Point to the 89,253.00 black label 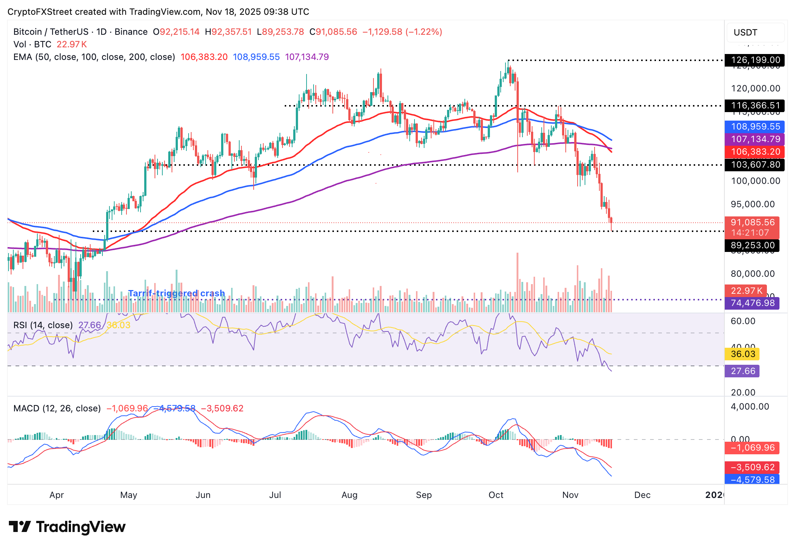click(x=752, y=245)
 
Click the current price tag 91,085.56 click(x=752, y=223)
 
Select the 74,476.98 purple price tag click(x=752, y=303)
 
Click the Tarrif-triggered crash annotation click(x=176, y=293)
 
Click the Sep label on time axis click(x=424, y=495)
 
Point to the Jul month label click(x=275, y=495)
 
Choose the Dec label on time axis click(x=642, y=495)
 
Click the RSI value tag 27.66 click(x=742, y=371)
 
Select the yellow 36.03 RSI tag click(x=742, y=354)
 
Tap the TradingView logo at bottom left click(x=67, y=527)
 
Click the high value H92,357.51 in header click(x=228, y=32)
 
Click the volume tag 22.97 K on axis click(x=746, y=291)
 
